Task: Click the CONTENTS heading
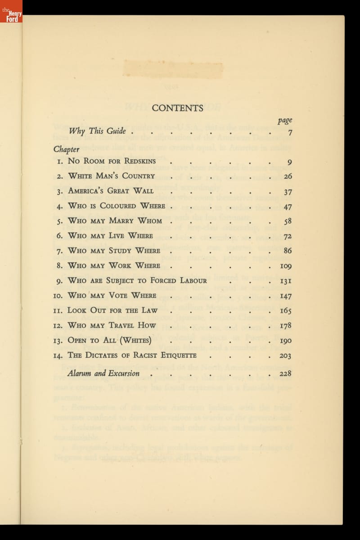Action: (177, 108)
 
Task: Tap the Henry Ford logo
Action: (11, 11)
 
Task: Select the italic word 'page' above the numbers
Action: (285, 120)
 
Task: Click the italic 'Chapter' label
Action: (67, 149)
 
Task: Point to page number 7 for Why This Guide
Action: (290, 132)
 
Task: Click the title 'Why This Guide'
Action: (97, 131)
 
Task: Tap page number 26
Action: (288, 176)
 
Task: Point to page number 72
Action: (288, 236)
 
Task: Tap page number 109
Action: (286, 266)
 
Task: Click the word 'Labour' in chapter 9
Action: (191, 280)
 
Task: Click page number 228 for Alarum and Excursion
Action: (285, 373)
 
